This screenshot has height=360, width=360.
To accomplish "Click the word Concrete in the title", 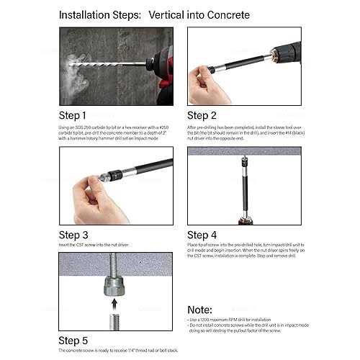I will (x=224, y=14).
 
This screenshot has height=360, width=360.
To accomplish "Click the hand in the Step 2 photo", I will (x=209, y=83).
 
